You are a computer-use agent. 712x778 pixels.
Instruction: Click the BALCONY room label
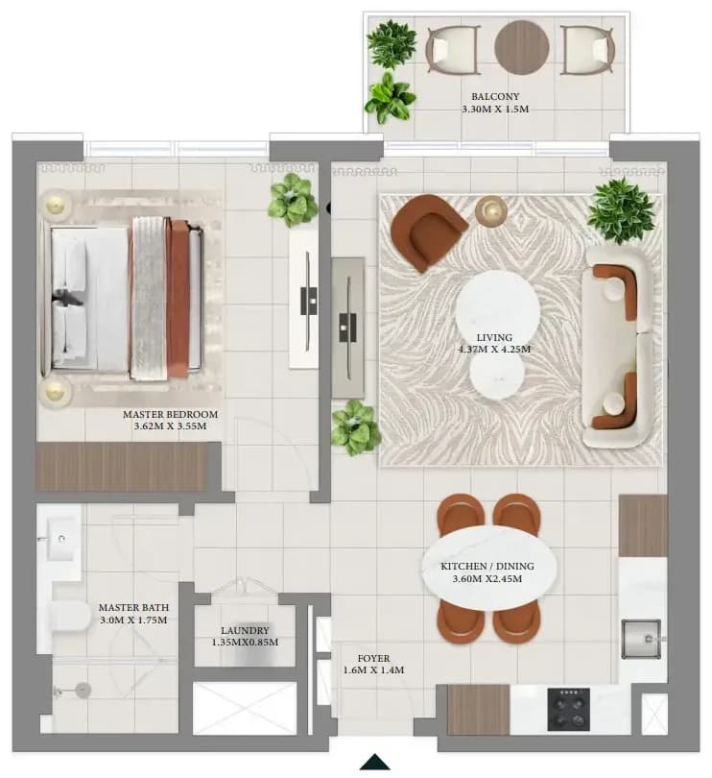point(495,96)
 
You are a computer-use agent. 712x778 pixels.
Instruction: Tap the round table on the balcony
point(522,47)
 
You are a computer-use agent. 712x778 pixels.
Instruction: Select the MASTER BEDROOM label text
point(170,414)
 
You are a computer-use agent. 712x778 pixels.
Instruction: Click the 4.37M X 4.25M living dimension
point(494,349)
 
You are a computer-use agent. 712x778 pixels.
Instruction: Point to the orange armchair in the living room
point(427,232)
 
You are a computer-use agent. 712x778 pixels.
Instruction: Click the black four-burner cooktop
point(568,709)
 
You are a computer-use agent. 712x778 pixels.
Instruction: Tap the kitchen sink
point(641,639)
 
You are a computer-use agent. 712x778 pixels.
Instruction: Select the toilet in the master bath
point(69,618)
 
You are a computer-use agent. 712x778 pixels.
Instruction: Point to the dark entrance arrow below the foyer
point(375,762)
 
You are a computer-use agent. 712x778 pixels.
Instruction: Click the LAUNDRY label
point(245,630)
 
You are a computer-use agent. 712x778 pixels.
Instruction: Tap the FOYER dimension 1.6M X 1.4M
point(373,669)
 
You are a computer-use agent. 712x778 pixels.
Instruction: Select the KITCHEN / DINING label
point(487,566)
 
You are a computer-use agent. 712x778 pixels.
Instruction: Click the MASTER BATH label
point(133,607)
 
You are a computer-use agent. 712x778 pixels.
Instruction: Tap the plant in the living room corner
point(621,211)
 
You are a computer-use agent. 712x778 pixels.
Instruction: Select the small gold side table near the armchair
point(491,211)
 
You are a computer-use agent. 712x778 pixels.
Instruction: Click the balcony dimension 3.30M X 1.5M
point(495,109)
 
